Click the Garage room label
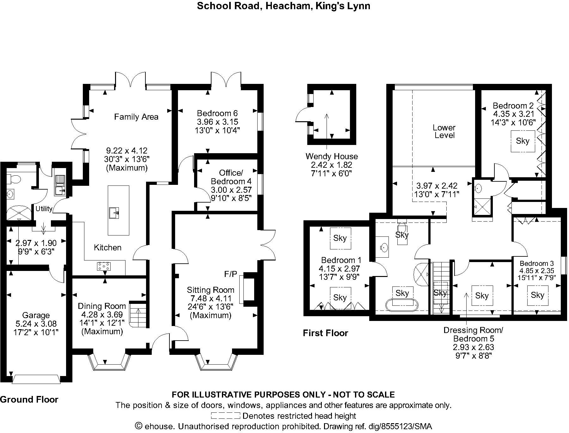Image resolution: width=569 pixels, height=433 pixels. click(x=36, y=315)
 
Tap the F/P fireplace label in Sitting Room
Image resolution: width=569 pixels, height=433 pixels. click(x=230, y=274)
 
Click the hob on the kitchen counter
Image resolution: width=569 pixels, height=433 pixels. click(x=104, y=266)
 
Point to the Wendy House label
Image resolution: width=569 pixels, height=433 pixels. click(x=332, y=156)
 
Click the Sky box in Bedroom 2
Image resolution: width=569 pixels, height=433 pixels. click(x=522, y=141)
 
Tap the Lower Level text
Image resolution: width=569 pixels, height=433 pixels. click(x=444, y=131)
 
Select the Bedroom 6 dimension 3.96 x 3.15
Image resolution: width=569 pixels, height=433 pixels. click(x=217, y=122)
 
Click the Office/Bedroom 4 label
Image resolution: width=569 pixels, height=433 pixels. click(x=231, y=177)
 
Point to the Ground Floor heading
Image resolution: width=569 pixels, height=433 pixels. click(x=29, y=399)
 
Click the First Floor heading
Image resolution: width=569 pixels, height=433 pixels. click(x=325, y=333)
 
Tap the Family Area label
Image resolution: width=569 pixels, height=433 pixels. click(x=136, y=117)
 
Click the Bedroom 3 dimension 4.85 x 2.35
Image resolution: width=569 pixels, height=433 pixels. click(x=537, y=271)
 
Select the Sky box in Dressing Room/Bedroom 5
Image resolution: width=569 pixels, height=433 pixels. click(x=482, y=296)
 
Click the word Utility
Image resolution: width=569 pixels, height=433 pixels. click(x=44, y=209)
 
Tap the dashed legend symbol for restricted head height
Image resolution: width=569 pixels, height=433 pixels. click(x=225, y=416)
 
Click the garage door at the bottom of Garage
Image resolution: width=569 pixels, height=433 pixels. click(x=36, y=379)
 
